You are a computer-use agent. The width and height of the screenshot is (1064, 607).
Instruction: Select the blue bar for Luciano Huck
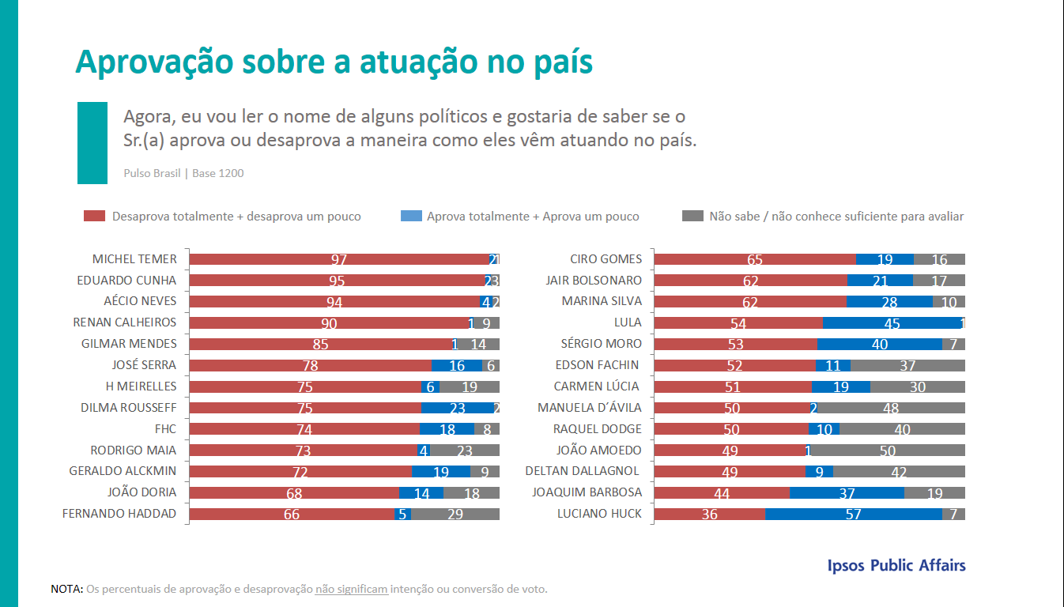[x=854, y=514]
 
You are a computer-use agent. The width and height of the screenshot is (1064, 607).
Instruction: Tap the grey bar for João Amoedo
[x=888, y=451]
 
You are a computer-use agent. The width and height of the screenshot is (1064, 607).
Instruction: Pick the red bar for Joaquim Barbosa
[x=722, y=492]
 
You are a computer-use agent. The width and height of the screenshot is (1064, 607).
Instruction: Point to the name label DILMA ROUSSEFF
[x=128, y=408]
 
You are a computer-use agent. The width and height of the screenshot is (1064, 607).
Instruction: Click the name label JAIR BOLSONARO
[x=594, y=281]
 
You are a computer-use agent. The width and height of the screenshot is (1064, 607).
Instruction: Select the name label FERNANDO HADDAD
[x=119, y=514]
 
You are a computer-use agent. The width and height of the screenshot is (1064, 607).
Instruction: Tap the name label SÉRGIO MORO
[x=601, y=344]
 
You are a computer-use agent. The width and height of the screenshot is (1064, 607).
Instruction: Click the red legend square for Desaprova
[x=95, y=216]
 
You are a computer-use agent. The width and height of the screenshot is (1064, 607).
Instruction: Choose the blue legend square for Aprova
[x=411, y=216]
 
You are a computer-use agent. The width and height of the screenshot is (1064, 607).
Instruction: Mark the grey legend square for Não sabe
[x=692, y=216]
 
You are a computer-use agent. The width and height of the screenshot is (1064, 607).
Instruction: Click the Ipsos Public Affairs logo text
[x=896, y=565]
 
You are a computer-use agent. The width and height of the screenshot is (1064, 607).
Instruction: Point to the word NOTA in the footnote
[x=66, y=590]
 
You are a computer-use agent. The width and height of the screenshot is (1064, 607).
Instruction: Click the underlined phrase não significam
[x=351, y=590]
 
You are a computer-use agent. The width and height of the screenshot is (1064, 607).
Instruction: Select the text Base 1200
[x=218, y=173]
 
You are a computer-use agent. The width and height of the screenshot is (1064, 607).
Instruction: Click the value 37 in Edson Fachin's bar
[x=907, y=365]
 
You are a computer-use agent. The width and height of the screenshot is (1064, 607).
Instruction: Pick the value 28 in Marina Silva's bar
[x=889, y=302]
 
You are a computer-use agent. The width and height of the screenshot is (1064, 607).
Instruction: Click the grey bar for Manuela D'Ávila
[x=891, y=408]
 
